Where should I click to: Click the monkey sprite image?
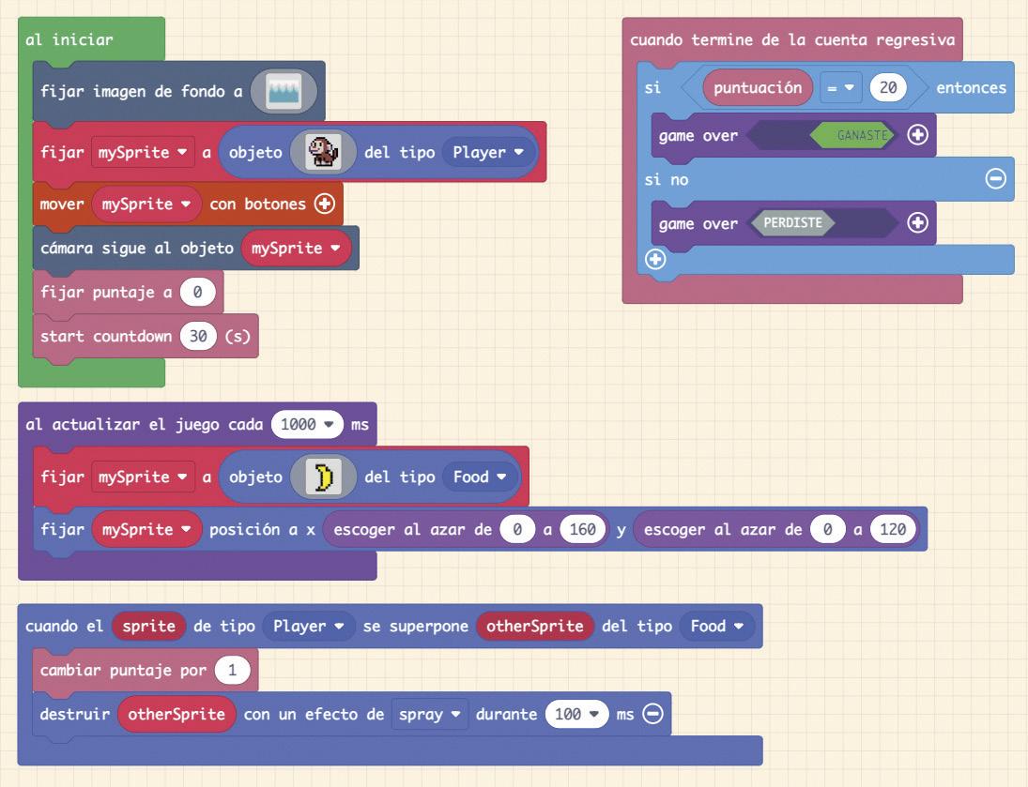click(323, 152)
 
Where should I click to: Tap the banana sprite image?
click(323, 477)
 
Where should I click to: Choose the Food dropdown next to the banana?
click(479, 477)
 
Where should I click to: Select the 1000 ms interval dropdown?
click(307, 425)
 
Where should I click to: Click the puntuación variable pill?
click(758, 88)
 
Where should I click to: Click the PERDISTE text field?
click(791, 222)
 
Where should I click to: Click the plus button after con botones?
click(325, 204)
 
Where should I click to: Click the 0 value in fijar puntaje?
click(197, 292)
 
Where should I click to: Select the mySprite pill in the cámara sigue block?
click(296, 249)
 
